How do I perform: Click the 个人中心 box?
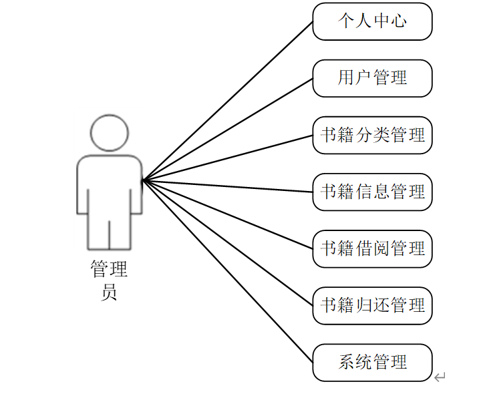[372, 21]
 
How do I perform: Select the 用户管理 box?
[372, 78]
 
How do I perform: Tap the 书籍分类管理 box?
[372, 136]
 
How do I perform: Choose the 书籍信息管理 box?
[372, 192]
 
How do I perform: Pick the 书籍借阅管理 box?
[372, 249]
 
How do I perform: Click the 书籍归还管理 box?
[372, 306]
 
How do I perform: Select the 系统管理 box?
[372, 363]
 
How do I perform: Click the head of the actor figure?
[109, 132]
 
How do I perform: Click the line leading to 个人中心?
[227, 100]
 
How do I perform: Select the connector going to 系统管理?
[227, 271]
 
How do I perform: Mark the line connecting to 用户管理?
[227, 129]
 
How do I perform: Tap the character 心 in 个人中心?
[399, 21]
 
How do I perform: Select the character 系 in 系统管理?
[346, 363]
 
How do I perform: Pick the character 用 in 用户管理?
[346, 78]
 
